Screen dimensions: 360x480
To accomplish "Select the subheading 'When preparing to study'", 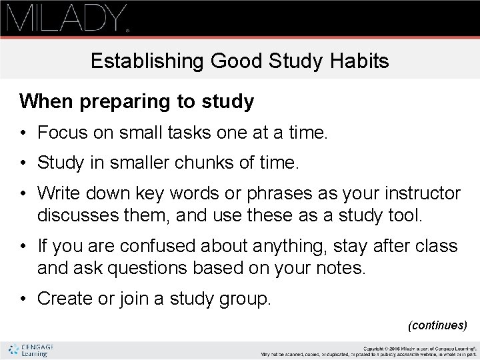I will point(137,102).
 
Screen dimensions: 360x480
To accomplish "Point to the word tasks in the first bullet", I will point(183,133).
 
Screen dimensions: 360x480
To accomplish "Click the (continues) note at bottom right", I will point(438,325).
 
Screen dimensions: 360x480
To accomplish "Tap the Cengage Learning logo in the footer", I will point(31,350).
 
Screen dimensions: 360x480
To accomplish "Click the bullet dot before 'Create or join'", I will point(23,299).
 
